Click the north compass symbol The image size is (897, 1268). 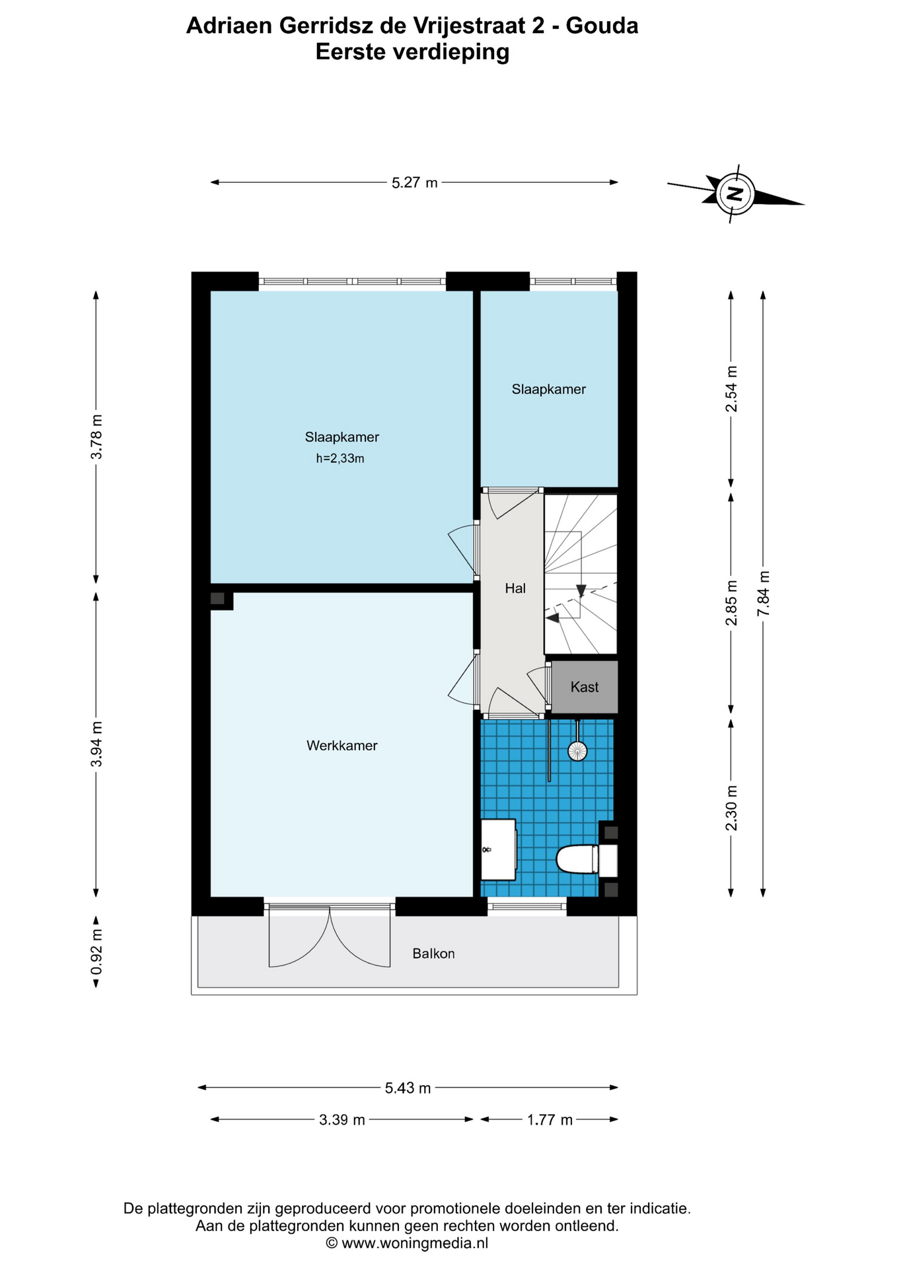click(x=735, y=194)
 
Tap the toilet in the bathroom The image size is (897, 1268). click(x=587, y=860)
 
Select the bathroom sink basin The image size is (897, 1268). click(x=498, y=849)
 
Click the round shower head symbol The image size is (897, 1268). click(x=577, y=751)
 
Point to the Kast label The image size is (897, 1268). click(x=585, y=687)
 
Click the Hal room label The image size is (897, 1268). click(x=515, y=588)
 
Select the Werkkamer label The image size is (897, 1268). click(x=342, y=746)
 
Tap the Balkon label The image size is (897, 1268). click(x=433, y=954)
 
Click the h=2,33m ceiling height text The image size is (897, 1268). click(x=340, y=458)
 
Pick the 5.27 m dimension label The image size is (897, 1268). click(x=415, y=183)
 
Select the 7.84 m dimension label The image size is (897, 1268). click(x=763, y=594)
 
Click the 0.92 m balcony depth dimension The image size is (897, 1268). click(x=96, y=952)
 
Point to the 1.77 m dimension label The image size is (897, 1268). click(x=550, y=1120)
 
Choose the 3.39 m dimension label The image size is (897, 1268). click(x=342, y=1120)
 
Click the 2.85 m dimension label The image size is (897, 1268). click(x=731, y=603)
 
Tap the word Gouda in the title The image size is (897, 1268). click(x=602, y=26)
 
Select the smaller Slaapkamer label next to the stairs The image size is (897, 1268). click(x=549, y=390)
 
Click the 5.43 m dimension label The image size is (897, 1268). click(x=408, y=1088)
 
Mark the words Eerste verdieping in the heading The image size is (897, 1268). click(x=412, y=52)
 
